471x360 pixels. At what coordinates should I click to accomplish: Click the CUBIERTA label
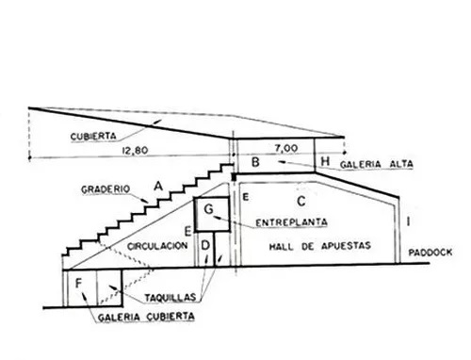(93, 137)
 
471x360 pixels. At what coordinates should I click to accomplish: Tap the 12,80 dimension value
(135, 151)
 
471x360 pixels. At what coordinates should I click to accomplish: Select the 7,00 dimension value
(286, 148)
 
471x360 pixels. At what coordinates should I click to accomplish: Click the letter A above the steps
(158, 187)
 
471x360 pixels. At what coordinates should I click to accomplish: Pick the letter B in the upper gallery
(256, 162)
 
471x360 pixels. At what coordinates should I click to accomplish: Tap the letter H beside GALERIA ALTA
(325, 161)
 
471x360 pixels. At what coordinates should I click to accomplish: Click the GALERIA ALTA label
(377, 164)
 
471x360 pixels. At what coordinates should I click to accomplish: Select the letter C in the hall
(301, 201)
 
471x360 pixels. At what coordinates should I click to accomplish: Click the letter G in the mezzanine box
(209, 209)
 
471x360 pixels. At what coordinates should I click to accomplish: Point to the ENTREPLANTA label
(291, 222)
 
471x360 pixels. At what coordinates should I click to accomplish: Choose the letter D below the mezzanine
(205, 245)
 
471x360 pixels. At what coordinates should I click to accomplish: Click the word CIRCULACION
(157, 246)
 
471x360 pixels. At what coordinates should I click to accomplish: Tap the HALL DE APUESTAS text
(320, 246)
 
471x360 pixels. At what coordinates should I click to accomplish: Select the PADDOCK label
(430, 252)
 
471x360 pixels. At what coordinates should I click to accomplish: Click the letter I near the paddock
(408, 221)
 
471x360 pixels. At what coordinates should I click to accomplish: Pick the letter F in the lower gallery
(78, 284)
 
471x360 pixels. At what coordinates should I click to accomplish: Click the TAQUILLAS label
(171, 297)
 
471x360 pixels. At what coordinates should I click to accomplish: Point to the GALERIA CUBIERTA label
(146, 317)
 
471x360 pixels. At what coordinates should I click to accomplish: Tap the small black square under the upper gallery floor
(234, 177)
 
